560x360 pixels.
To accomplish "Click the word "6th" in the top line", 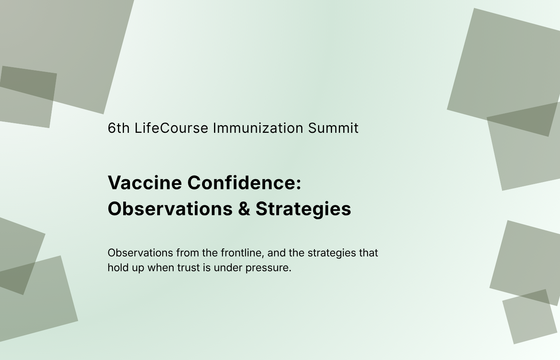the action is [118, 128].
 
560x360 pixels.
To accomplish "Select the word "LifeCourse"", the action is [171, 128].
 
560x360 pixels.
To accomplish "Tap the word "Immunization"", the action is [258, 128].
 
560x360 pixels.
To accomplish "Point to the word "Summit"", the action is [333, 128].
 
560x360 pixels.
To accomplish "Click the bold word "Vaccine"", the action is [145, 182].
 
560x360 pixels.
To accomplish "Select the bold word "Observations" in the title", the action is [170, 208].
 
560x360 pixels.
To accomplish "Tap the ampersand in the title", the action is [244, 208].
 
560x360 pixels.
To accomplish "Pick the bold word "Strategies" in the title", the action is [303, 209].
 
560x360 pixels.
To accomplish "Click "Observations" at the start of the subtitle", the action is [140, 253].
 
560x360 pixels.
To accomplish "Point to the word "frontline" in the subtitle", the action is [241, 253].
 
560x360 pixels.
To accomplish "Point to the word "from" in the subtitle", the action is [188, 253].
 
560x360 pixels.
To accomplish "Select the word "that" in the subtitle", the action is [368, 253].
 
